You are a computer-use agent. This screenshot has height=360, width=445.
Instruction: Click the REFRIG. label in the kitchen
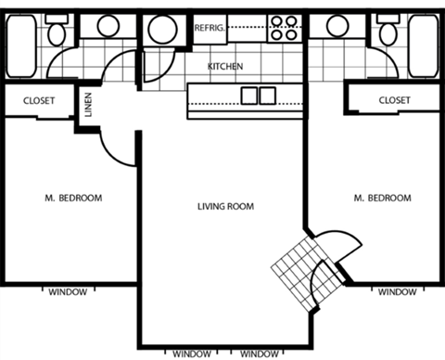(x=209, y=29)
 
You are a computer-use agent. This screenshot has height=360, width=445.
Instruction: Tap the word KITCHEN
(x=225, y=67)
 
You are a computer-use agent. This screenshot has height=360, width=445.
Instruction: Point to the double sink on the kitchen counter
(x=258, y=96)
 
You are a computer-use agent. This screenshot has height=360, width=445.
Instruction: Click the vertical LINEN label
(x=88, y=105)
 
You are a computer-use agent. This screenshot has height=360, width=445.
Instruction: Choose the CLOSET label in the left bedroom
(x=38, y=100)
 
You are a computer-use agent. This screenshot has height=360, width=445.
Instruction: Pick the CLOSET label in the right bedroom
(x=395, y=99)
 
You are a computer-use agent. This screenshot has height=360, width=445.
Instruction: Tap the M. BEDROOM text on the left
(x=73, y=198)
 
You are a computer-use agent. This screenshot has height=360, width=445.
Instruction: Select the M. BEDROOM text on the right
(x=383, y=198)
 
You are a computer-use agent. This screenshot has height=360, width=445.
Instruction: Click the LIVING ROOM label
(x=225, y=206)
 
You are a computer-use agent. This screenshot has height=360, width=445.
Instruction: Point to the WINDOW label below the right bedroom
(x=397, y=292)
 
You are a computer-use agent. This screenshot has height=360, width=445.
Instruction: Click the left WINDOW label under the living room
(x=191, y=354)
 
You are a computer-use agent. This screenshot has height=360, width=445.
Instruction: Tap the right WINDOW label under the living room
(x=259, y=354)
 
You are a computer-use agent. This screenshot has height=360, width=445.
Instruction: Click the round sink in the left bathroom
(x=108, y=25)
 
